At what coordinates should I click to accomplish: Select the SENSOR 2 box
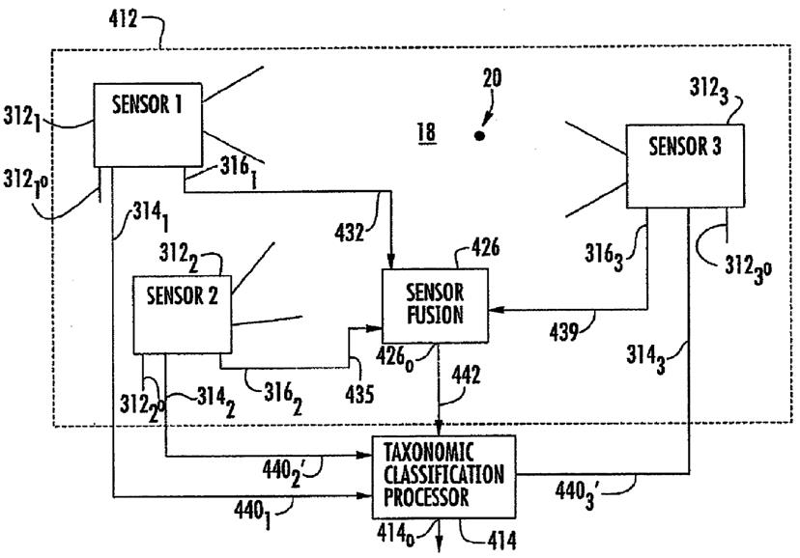pyautogui.click(x=182, y=313)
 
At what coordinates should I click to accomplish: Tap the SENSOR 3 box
pyautogui.click(x=684, y=164)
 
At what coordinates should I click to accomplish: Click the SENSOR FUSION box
pyautogui.click(x=436, y=303)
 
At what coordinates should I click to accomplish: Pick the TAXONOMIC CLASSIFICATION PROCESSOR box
pyautogui.click(x=443, y=477)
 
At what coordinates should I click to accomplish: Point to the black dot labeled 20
pyautogui.click(x=478, y=136)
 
